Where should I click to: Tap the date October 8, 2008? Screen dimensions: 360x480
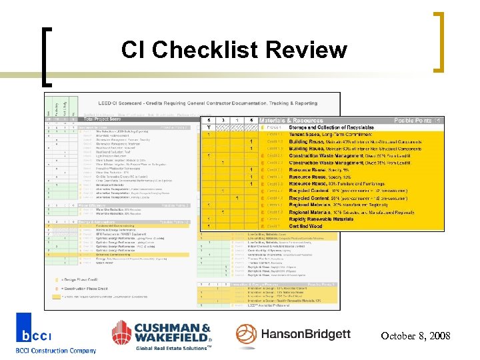pos(415,335)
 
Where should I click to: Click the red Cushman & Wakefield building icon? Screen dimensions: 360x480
pos(126,333)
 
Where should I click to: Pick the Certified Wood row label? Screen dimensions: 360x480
pos(297,225)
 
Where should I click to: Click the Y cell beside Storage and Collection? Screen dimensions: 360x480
pos(209,127)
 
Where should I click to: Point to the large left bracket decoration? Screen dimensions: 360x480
pos(47,56)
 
